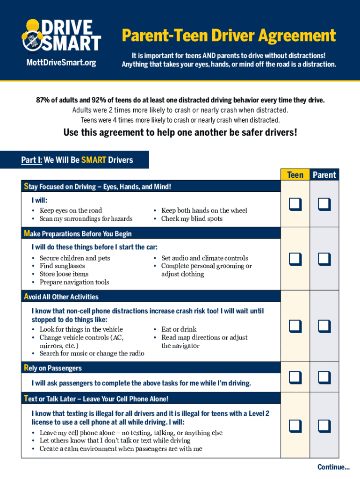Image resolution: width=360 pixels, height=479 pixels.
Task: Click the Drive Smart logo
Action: [x=61, y=36]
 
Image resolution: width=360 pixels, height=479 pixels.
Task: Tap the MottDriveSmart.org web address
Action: [x=61, y=63]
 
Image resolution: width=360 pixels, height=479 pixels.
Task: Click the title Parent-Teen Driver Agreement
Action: [x=229, y=36]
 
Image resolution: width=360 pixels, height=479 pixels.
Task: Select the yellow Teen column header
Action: [x=295, y=175]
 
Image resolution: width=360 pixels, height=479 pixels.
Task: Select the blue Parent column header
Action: [x=324, y=175]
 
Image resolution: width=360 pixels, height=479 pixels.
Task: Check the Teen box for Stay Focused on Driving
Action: [x=295, y=204]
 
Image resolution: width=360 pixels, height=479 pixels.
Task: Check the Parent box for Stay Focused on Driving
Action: [x=324, y=204]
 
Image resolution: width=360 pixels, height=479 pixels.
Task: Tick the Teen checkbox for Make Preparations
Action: [x=295, y=259]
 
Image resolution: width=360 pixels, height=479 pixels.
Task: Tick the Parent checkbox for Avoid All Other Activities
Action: [x=324, y=326]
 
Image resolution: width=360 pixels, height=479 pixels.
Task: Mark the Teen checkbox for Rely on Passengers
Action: [x=295, y=377]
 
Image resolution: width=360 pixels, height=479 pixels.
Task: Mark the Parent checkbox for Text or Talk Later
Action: [x=324, y=426]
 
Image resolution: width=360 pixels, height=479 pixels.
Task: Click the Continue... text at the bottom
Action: [x=333, y=467]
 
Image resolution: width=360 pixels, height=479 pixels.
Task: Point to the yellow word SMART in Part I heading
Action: [x=94, y=160]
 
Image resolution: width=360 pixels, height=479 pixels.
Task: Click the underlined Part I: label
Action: [x=31, y=160]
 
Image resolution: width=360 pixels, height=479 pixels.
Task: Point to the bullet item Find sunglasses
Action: [x=62, y=266]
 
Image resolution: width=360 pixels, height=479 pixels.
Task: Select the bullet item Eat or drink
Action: [x=179, y=329]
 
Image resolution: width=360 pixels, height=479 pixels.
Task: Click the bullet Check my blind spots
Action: [x=192, y=218]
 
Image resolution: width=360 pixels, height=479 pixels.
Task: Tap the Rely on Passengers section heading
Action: [x=53, y=368]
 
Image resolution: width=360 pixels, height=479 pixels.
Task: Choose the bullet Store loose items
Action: [x=64, y=274]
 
